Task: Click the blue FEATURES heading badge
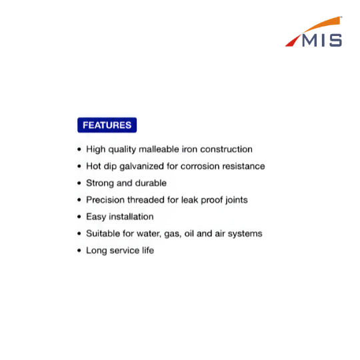click(107, 125)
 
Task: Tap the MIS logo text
click(322, 41)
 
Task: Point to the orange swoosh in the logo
click(322, 24)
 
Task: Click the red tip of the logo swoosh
click(293, 41)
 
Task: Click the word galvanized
click(141, 167)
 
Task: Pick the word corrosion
click(200, 166)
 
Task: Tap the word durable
click(151, 183)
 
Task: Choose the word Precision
click(105, 200)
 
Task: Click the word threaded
click(146, 200)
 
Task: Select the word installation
click(131, 217)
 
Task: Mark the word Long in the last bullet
click(97, 251)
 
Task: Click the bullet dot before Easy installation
click(79, 217)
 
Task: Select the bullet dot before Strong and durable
click(79, 183)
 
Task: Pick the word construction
click(226, 149)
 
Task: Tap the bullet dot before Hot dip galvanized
click(79, 166)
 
